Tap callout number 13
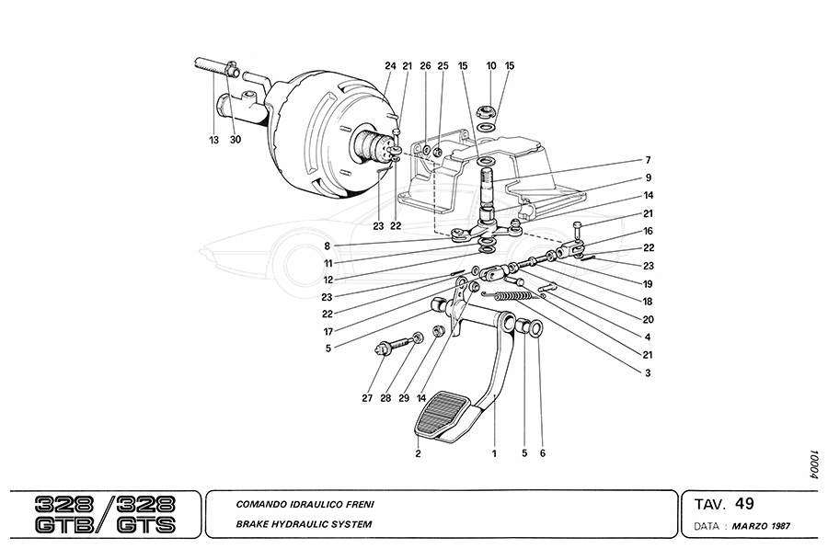[213, 140]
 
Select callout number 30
[236, 140]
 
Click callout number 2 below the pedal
[418, 454]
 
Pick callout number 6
[543, 454]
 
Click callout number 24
[390, 66]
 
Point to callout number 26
[425, 66]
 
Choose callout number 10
[491, 66]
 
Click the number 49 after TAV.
[744, 503]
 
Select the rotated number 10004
[813, 464]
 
